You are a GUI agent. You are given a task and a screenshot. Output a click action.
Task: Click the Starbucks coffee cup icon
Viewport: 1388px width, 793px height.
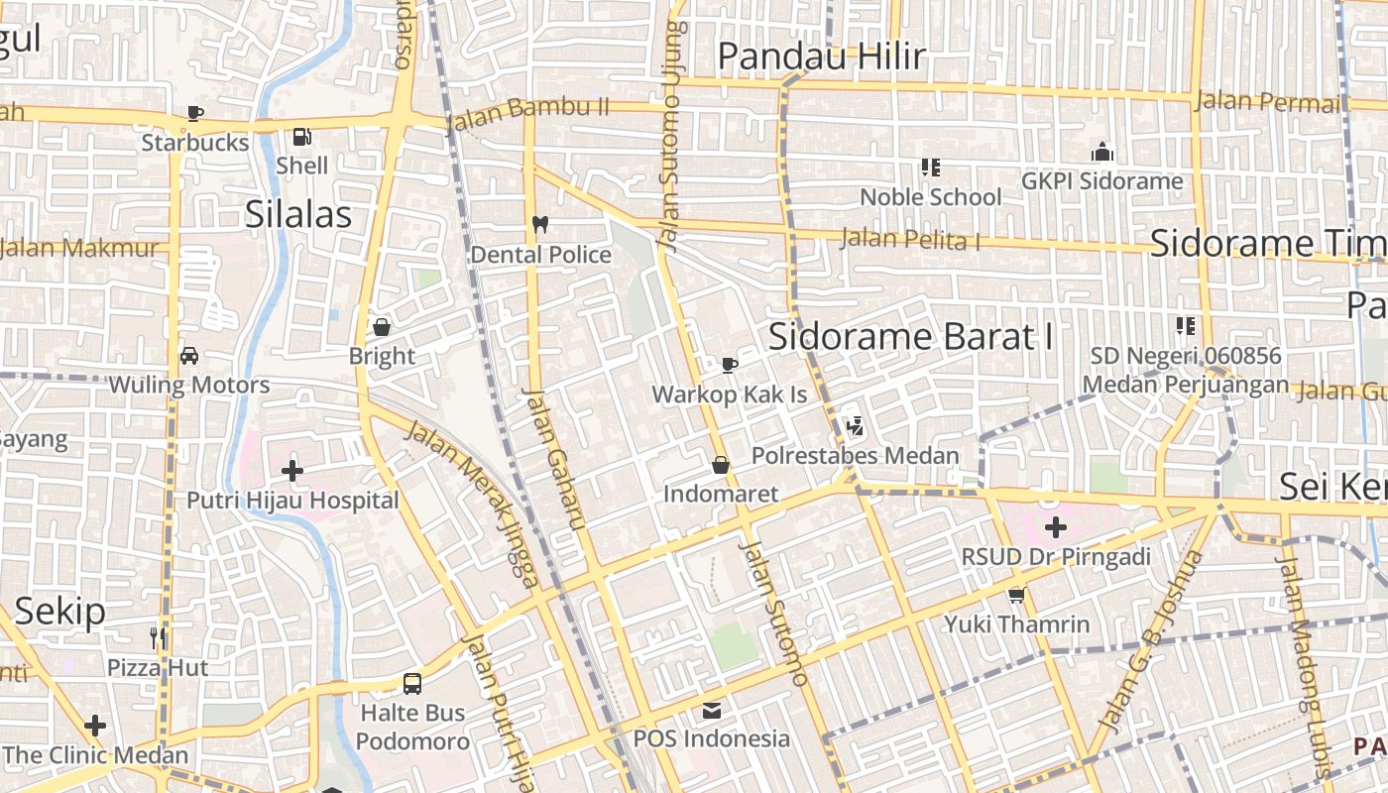(195, 113)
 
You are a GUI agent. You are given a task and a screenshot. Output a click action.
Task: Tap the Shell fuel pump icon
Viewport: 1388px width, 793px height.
(301, 136)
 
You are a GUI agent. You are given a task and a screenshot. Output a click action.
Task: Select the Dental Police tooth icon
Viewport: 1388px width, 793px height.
(540, 224)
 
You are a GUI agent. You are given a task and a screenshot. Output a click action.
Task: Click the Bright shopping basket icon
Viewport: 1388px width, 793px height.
(382, 326)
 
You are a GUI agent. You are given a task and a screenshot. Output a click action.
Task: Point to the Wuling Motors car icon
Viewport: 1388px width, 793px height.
(188, 355)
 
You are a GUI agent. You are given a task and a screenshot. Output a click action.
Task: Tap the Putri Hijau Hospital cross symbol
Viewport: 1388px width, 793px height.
(292, 470)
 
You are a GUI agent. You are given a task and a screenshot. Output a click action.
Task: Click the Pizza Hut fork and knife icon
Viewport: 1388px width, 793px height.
(158, 636)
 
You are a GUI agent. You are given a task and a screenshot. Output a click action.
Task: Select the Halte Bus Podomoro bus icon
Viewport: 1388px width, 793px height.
(412, 683)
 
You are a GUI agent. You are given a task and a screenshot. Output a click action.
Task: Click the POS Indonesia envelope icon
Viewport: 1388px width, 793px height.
(712, 710)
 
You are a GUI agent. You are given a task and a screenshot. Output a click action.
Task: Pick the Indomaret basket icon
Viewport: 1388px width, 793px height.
(721, 464)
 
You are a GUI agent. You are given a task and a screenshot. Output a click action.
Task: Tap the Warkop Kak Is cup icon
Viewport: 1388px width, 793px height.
(730, 365)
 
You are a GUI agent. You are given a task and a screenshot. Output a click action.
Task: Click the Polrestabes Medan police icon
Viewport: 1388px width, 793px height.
(855, 426)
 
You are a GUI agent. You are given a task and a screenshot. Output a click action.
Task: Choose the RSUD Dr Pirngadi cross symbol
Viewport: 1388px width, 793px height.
(1056, 526)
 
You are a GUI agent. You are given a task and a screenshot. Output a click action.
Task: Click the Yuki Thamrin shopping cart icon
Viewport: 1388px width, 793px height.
(1016, 595)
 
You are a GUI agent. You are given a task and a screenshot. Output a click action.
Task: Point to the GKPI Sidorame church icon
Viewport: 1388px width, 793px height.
(1101, 152)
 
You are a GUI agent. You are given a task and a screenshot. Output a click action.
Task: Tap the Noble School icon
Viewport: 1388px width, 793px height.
(930, 168)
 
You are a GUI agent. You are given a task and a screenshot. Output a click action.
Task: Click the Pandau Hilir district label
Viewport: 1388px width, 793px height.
(821, 57)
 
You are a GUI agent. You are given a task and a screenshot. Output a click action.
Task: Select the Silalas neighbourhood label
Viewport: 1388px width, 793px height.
(298, 213)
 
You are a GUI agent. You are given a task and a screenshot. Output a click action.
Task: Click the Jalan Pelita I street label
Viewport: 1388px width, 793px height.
(910, 239)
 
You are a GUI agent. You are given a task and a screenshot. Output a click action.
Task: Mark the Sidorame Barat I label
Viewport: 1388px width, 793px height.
(910, 336)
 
